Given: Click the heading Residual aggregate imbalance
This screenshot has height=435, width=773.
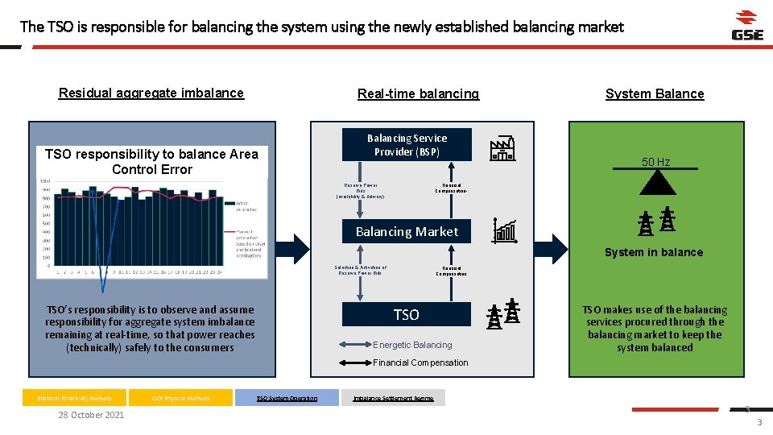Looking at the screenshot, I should tap(151, 93).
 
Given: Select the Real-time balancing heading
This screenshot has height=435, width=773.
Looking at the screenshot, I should tap(418, 93).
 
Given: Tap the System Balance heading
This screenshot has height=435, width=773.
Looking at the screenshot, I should tap(655, 93).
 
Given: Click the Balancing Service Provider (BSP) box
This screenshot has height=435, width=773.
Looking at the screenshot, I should tap(407, 145).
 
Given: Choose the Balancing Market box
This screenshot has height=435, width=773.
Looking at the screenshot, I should tap(407, 231).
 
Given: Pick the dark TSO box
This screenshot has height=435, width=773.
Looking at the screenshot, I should tap(407, 314).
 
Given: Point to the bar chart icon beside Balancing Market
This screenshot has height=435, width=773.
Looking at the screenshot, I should tap(506, 231).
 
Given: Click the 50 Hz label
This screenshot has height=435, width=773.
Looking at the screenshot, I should tap(655, 162).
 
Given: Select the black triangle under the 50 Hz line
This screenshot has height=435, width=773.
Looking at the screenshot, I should tap(655, 183).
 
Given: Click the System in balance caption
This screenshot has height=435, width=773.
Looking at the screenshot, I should tap(654, 252).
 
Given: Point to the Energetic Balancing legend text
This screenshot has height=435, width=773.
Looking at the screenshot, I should tap(412, 345).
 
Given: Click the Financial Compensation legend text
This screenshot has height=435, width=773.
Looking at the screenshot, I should tap(420, 362).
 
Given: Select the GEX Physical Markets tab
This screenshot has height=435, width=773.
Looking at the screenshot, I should tap(181, 398).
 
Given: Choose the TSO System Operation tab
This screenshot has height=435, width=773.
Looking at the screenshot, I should tap(287, 398).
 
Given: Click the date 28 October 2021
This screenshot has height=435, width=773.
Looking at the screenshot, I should tap(91, 415).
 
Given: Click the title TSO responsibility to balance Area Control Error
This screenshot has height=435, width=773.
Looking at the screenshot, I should tap(152, 161).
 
